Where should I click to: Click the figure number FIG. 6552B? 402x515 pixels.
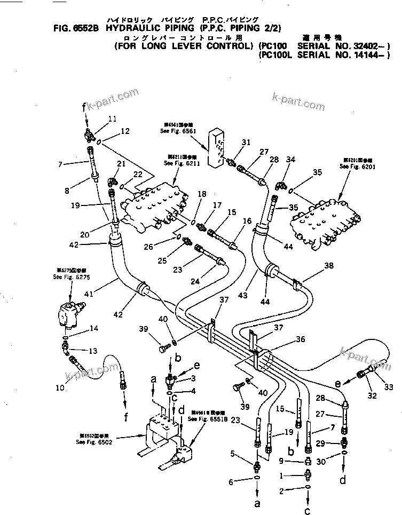pos(76,28)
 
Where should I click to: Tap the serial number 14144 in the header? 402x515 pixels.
pos(367,56)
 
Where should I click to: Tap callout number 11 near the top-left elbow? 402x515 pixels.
pos(113,118)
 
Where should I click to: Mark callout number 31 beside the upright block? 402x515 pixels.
pos(246,142)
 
